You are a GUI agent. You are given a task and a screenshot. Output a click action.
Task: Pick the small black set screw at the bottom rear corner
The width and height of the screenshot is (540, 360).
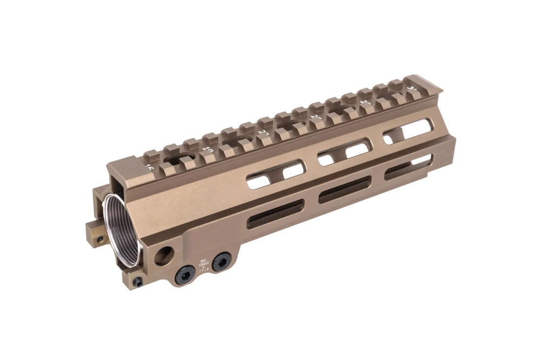(x=139, y=281)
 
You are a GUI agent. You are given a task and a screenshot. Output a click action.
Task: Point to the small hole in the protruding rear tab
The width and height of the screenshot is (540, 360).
(x=98, y=236)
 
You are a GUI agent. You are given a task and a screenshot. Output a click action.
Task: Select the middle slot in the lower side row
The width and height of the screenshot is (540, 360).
(x=344, y=189)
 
